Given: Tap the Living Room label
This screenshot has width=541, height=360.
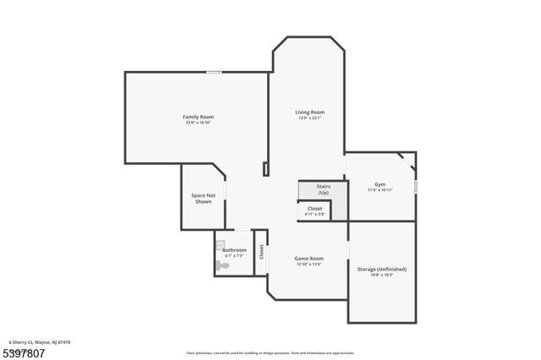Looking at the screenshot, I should tap(309, 112).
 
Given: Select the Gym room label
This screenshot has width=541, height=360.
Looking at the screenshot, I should tap(380, 184).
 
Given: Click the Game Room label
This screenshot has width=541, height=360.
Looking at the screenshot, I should tap(309, 258).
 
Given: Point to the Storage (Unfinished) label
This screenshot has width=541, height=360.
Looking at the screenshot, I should tap(382, 269).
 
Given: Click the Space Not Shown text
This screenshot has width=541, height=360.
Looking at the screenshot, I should tap(204, 198).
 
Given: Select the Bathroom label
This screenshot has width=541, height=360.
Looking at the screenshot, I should tap(235, 249).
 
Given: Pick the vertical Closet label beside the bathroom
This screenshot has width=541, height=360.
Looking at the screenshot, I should tap(261, 251).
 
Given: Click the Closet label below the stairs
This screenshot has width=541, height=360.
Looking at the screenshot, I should tap(314, 208).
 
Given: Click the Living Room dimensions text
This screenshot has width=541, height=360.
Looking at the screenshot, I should tap(309, 118).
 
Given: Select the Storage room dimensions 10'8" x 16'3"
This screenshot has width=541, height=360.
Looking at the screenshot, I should tap(382, 275).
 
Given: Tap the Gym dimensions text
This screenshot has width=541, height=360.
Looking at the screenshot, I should tap(380, 190).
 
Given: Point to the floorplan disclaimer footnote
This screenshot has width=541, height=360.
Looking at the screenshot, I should tap(270, 352).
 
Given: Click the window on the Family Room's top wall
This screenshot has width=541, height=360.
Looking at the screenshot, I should tap(215, 72).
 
